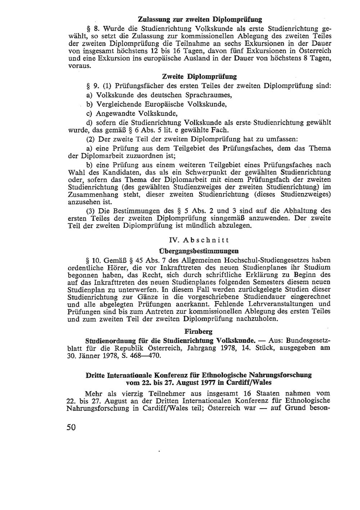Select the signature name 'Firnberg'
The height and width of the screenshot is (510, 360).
(198, 332)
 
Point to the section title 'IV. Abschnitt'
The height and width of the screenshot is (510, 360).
(199, 240)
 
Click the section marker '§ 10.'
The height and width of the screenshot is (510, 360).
(93, 260)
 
